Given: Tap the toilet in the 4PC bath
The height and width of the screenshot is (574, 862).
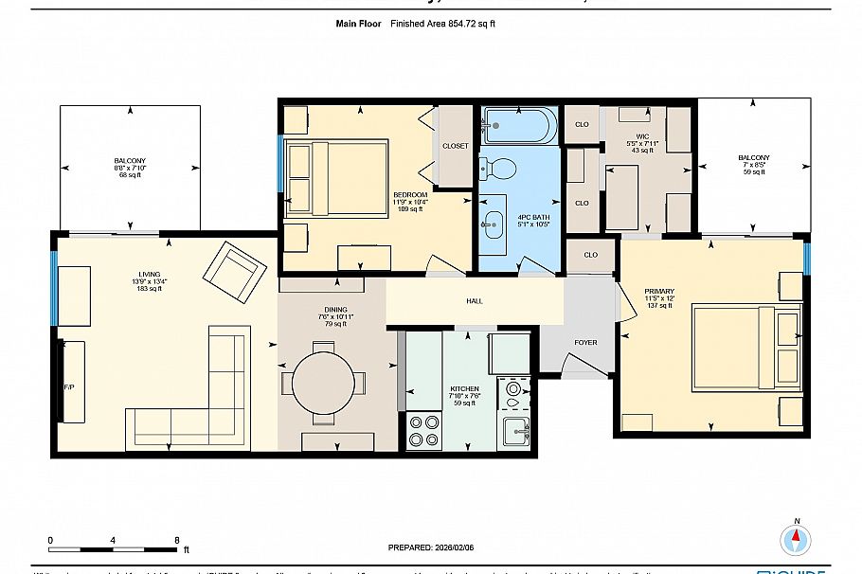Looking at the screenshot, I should click(x=499, y=170).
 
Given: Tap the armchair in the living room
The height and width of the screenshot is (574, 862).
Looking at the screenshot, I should click(x=233, y=272).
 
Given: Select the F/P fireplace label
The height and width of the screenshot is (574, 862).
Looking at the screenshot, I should click(x=68, y=388).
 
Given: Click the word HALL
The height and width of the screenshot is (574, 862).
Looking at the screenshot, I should click(x=475, y=301).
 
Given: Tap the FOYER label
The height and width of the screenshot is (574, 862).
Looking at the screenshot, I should click(x=585, y=342).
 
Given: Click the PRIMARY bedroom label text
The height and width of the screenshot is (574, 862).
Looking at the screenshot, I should click(x=658, y=292).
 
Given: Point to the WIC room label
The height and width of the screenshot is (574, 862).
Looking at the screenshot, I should click(x=642, y=136).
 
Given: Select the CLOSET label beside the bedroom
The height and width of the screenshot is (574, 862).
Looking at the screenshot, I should click(x=456, y=146).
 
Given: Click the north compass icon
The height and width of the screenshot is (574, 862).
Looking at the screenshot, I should click(x=796, y=539).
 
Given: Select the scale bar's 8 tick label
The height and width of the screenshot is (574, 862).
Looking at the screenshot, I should click(x=177, y=540).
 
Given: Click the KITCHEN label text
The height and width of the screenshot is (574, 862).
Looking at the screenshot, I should click(x=464, y=389).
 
